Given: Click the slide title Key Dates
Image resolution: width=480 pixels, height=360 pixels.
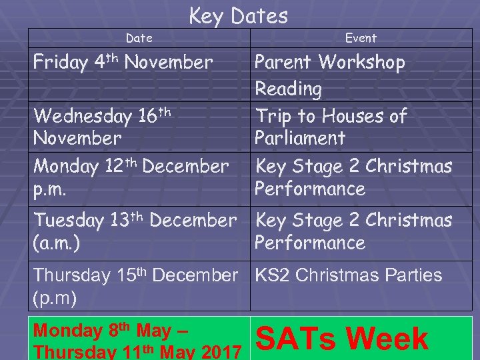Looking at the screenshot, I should [x=238, y=15].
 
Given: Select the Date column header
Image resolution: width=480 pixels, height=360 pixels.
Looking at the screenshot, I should [x=139, y=39].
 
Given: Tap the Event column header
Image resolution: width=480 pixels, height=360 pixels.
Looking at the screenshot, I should [x=361, y=39].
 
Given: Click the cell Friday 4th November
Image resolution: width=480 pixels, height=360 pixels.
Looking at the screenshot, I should [x=123, y=63].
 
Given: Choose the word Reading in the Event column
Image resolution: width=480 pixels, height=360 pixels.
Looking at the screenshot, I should [x=289, y=89].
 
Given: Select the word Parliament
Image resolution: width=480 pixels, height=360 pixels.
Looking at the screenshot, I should [x=300, y=139].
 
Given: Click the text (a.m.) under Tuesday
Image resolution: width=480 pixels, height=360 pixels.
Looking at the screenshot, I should [x=57, y=243].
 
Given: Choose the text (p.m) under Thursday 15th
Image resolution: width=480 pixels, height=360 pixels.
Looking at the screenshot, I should [x=53, y=296].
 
